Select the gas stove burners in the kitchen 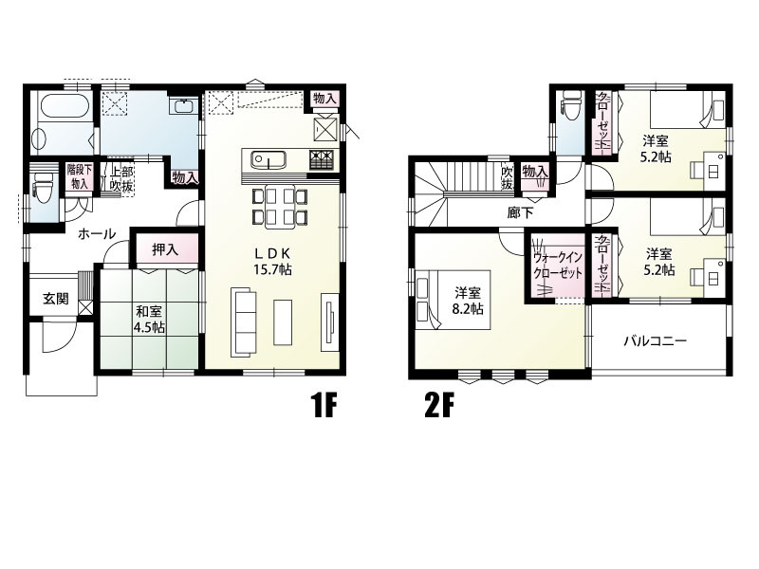coord(322,159)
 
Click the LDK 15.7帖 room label coord(272,262)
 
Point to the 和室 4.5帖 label coord(149,319)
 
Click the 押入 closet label coord(165,249)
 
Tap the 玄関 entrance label coord(56,299)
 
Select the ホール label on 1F coord(97,234)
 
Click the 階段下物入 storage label coord(79,176)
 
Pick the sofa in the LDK coord(244,321)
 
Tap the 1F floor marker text coord(324,406)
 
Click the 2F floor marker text coord(439,406)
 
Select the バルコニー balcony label coord(655,341)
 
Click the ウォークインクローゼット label coord(557,266)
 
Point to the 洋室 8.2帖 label coord(468,301)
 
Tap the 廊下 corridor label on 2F coord(520,212)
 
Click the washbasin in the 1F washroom coord(183,106)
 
